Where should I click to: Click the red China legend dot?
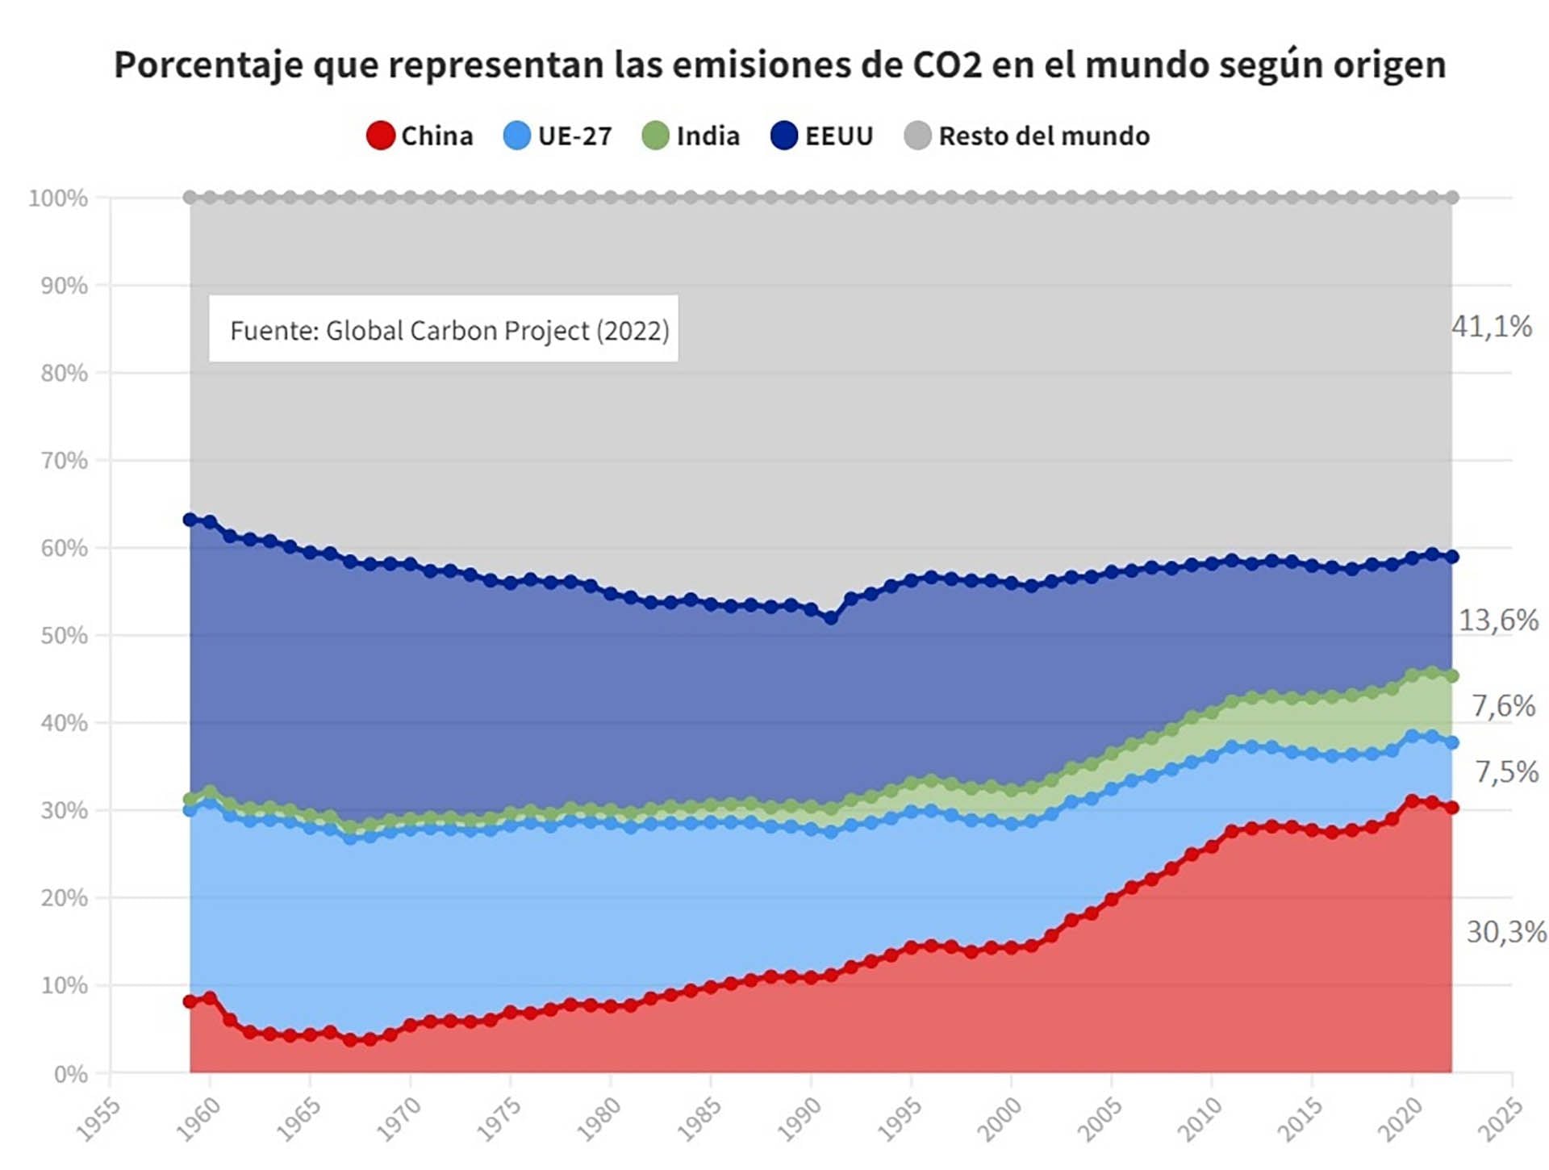(x=380, y=136)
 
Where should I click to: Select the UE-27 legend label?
(x=574, y=136)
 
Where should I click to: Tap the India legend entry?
(x=708, y=136)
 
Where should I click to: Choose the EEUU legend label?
(x=839, y=136)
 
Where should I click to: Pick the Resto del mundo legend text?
(x=1044, y=136)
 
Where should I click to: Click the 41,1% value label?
(x=1491, y=327)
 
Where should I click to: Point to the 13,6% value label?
(x=1498, y=621)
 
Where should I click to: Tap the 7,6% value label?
(x=1503, y=706)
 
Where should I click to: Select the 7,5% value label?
(x=1506, y=772)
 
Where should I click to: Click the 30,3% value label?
(x=1505, y=932)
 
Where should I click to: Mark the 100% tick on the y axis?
(x=58, y=198)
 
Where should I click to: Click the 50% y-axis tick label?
(x=64, y=636)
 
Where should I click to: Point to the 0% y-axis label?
(x=70, y=1074)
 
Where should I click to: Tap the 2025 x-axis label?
(x=1501, y=1120)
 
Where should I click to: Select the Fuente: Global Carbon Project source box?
(x=443, y=329)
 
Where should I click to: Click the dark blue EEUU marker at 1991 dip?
(x=831, y=618)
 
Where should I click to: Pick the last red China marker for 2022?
(x=1451, y=808)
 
